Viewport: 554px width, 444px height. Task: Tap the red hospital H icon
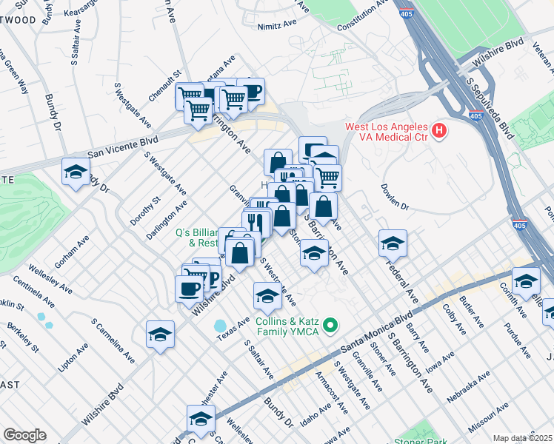coord(440,132)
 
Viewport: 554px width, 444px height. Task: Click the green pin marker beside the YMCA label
coord(333,324)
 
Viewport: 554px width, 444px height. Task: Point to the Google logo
coord(24,434)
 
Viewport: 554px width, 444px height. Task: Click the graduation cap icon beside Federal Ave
coord(393,242)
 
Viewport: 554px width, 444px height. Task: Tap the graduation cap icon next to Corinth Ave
coord(526,281)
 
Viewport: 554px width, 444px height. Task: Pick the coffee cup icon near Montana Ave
coord(250,91)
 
